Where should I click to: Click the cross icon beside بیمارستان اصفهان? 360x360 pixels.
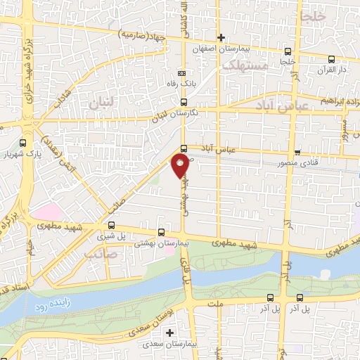[221, 37]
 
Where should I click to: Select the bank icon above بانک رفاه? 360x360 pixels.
[183, 73]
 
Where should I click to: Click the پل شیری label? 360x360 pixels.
[111, 238]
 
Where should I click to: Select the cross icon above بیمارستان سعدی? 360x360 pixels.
[169, 332]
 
